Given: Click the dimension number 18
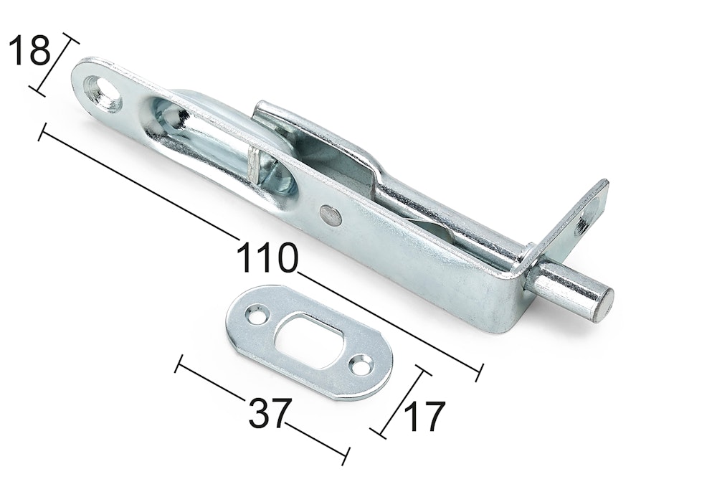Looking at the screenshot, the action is click(29, 50).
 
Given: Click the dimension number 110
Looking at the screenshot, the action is click(267, 258).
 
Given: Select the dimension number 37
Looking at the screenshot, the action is click(270, 413).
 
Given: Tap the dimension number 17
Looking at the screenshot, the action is click(424, 417).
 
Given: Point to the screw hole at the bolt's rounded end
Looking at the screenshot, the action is click(103, 92).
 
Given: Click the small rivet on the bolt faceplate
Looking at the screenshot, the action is click(331, 215).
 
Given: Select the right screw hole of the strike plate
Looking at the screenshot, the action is click(361, 364).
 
